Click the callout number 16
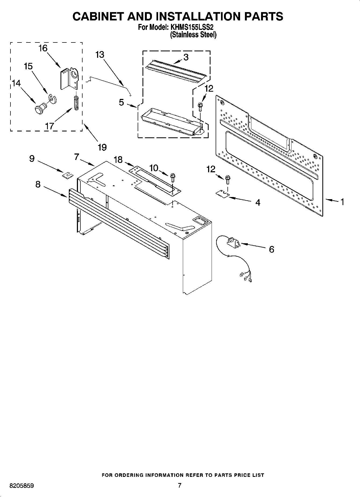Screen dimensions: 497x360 (43, 48)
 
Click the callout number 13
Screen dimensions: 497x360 (99, 55)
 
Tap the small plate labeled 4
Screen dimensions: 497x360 (222, 194)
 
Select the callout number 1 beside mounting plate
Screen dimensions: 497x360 (342, 202)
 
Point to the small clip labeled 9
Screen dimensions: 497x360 (67, 175)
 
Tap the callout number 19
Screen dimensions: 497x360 (102, 147)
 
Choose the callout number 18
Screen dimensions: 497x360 (118, 160)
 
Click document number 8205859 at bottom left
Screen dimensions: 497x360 (22, 486)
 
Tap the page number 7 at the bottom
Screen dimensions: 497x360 (180, 485)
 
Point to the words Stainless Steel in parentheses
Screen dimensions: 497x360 (193, 34)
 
